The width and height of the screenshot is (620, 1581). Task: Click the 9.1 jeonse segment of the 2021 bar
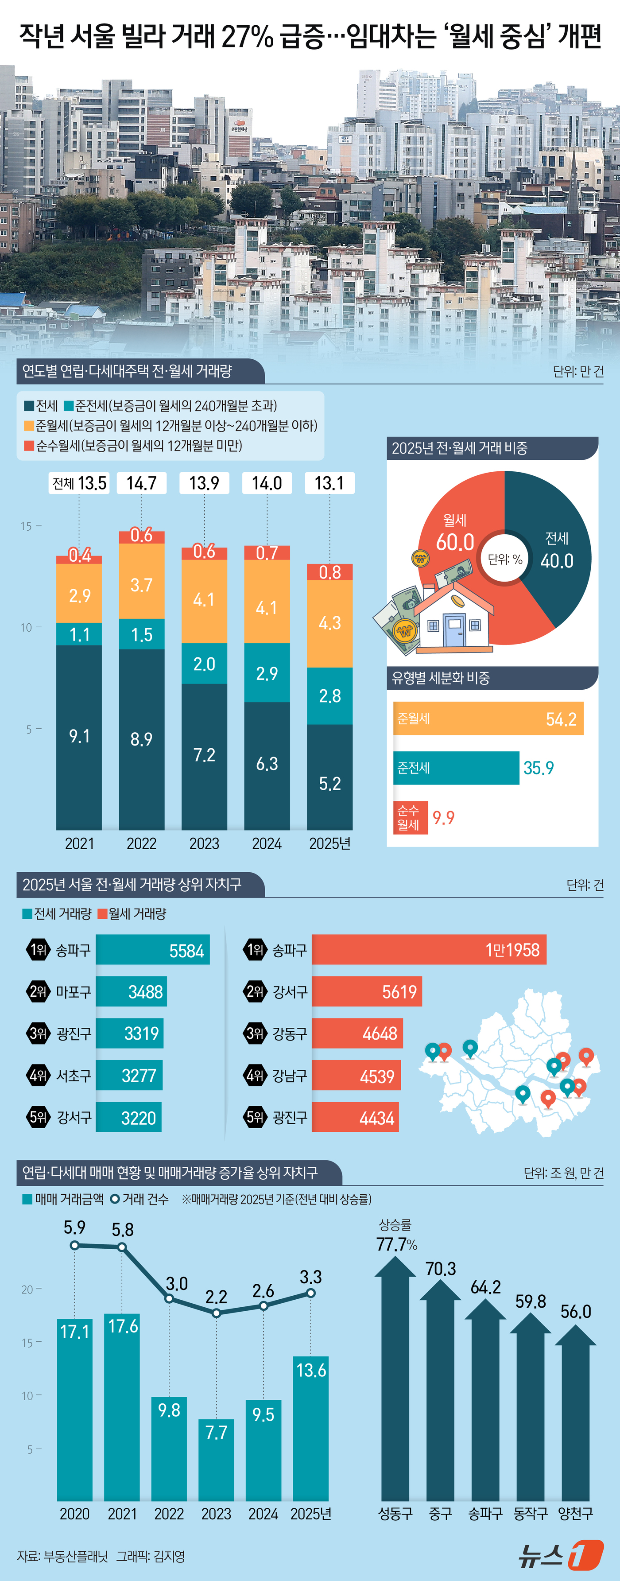click(x=79, y=737)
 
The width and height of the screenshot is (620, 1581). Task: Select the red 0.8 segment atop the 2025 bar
click(x=329, y=572)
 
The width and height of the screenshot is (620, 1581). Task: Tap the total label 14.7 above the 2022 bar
click(x=141, y=483)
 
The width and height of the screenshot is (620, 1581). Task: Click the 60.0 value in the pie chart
click(x=455, y=542)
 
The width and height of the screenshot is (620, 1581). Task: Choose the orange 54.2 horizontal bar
click(x=488, y=718)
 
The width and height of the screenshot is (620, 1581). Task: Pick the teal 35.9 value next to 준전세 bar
click(x=539, y=768)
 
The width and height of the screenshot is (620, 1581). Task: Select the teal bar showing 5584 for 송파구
click(x=152, y=950)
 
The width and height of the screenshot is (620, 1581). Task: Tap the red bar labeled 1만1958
click(x=429, y=950)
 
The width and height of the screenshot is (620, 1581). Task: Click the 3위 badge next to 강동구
click(x=255, y=1033)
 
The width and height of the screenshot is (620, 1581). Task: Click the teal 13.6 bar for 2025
click(x=310, y=1430)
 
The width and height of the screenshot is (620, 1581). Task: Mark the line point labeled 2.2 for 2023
click(x=216, y=1313)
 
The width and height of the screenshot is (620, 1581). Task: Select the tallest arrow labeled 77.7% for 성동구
click(x=395, y=1381)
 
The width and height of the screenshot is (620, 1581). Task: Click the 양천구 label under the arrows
click(x=575, y=1514)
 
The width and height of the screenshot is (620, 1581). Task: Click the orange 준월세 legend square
click(x=29, y=425)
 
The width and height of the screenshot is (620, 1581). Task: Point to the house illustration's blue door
click(x=454, y=632)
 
